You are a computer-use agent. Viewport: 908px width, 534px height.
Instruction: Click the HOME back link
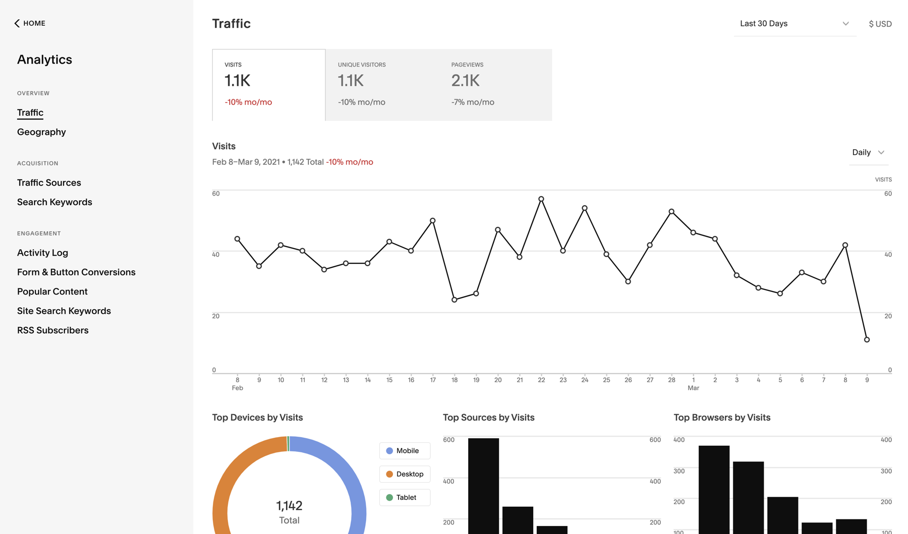(x=30, y=23)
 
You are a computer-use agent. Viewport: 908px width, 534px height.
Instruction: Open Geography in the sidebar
(x=41, y=132)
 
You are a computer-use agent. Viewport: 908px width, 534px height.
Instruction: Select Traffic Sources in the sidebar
(x=49, y=183)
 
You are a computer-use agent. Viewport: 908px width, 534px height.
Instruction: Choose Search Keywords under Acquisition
(x=54, y=202)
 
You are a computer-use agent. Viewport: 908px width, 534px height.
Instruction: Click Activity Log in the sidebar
(x=42, y=253)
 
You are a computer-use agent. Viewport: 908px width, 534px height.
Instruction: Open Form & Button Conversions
(x=76, y=272)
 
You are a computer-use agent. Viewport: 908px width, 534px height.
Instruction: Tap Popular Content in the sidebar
(x=52, y=291)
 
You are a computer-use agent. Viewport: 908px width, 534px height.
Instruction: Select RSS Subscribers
(x=52, y=330)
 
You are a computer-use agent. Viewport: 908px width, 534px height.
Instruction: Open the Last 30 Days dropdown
(x=794, y=24)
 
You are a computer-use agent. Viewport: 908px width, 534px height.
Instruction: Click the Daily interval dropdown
(x=868, y=152)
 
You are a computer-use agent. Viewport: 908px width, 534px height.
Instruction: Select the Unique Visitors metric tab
(x=382, y=85)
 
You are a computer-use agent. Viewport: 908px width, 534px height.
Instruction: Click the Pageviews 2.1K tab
(x=495, y=85)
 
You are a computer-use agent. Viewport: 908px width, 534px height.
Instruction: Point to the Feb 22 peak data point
(x=541, y=199)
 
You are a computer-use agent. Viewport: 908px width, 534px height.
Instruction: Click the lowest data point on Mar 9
(x=867, y=339)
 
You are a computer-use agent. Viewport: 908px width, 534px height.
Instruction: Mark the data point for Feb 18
(x=455, y=300)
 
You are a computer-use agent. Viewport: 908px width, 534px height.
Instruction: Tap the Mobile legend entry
(x=405, y=451)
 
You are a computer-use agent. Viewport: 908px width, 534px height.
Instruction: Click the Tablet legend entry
(x=405, y=497)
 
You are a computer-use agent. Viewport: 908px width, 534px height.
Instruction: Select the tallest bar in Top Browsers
(x=714, y=489)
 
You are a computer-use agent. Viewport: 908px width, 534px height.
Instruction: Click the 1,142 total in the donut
(x=289, y=505)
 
